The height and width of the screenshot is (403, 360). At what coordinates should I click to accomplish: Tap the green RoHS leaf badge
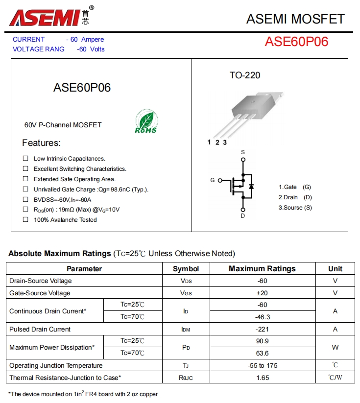pos(146,121)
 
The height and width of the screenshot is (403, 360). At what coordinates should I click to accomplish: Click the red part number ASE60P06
pos(296,42)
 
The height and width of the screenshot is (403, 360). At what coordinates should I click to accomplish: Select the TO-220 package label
pos(245,75)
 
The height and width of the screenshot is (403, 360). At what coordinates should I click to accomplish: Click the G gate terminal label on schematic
pos(213,180)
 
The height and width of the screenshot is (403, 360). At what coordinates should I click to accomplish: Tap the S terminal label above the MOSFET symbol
pos(242,153)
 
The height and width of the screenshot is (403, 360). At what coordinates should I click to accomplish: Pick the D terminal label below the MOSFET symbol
pos(242,216)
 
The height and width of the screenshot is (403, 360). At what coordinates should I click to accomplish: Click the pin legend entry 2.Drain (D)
pos(295,197)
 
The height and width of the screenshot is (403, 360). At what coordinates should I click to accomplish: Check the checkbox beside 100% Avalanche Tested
pos(25,219)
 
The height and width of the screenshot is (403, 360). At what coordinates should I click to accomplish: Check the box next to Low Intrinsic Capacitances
pos(25,158)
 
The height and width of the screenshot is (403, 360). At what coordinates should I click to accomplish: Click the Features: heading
pos(41,143)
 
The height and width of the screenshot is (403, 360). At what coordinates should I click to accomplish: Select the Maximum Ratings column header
pos(262,268)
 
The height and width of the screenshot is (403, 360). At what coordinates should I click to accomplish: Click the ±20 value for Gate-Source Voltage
pos(262,293)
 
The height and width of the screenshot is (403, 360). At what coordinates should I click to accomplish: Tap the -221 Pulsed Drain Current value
pos(262,329)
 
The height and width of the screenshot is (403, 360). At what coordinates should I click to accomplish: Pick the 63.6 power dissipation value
pos(262,353)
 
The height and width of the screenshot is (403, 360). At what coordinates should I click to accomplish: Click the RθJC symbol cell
pos(186,378)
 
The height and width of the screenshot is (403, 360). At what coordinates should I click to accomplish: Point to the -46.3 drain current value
pos(262,317)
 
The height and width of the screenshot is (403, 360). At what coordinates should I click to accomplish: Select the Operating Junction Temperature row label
pos(56,365)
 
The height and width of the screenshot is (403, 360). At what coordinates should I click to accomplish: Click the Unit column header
pos(335,268)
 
